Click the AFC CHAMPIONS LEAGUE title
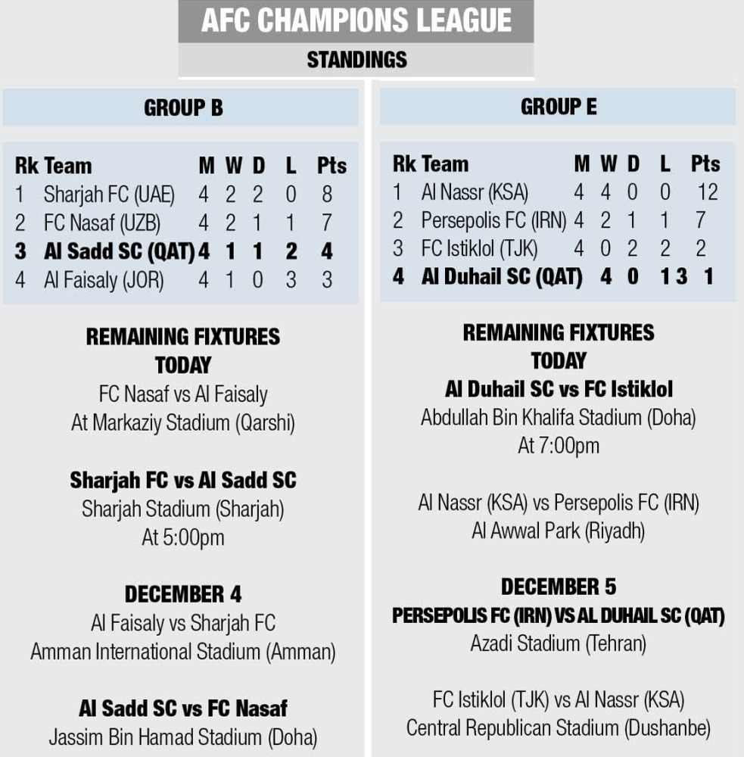click(x=356, y=21)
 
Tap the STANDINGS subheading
click(x=356, y=60)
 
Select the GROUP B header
click(x=183, y=107)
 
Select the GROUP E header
click(x=559, y=107)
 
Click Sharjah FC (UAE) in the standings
click(x=109, y=195)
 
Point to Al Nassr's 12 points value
click(x=708, y=192)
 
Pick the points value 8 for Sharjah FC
click(x=327, y=195)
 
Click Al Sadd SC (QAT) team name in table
click(x=120, y=251)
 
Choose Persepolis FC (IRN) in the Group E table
click(x=493, y=220)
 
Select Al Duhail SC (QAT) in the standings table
click(x=501, y=277)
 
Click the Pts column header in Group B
click(x=332, y=166)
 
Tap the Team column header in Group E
click(x=445, y=164)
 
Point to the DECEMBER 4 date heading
click(x=183, y=593)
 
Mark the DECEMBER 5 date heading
click(x=559, y=587)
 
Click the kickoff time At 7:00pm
click(x=559, y=446)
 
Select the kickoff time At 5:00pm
click(x=183, y=537)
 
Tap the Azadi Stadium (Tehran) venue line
click(x=559, y=644)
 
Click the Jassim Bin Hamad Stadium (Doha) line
click(x=183, y=737)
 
